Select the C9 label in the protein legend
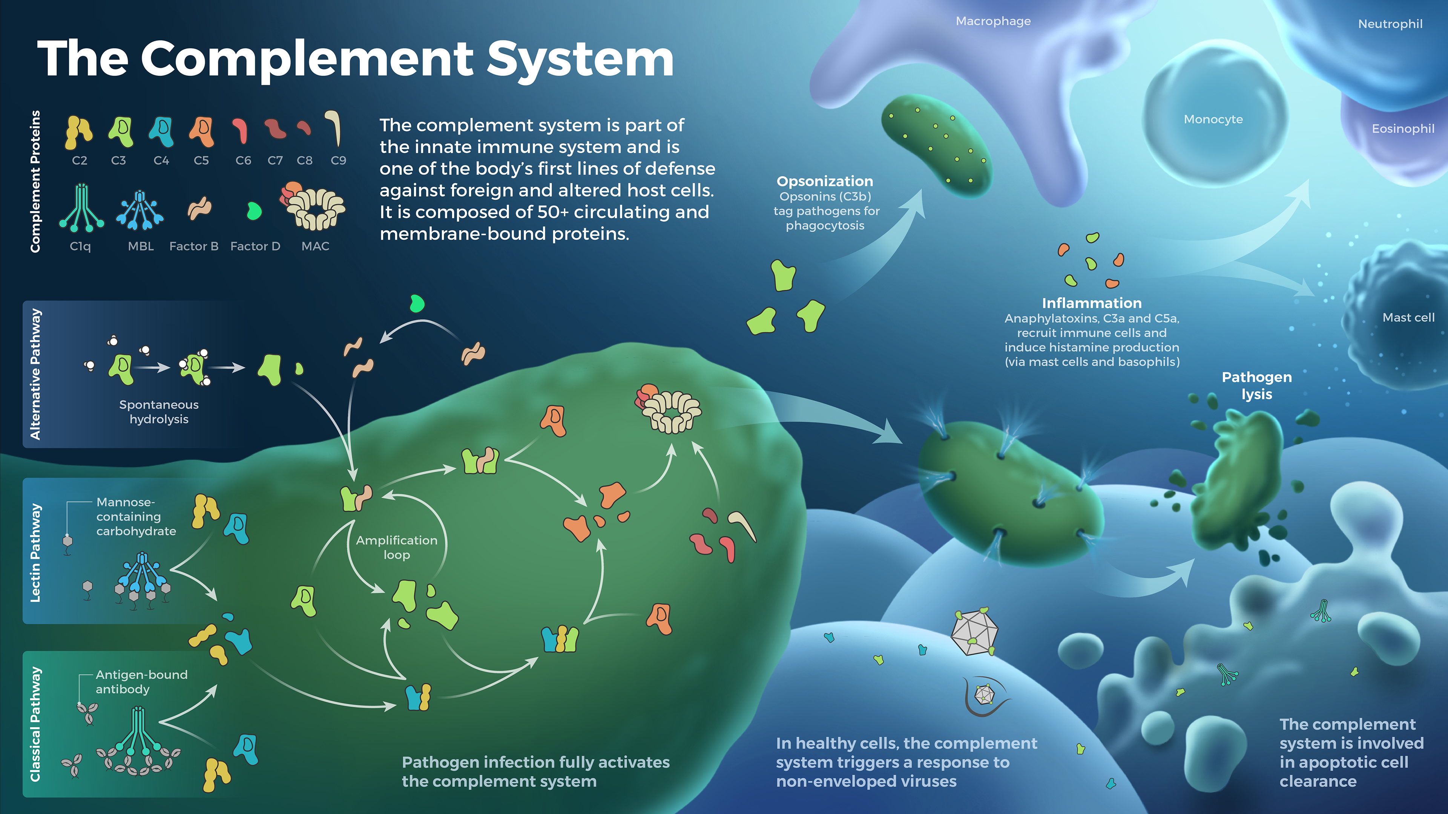pos(338,161)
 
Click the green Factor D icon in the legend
pos(254,211)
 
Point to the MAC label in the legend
pos(315,246)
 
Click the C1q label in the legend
pos(80,246)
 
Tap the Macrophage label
pos(993,21)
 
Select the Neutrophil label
pos(1390,24)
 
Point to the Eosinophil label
pos(1403,129)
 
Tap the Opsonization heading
pos(825,181)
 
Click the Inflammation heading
pos(1092,303)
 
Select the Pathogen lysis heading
pos(1257,386)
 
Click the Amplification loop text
pos(396,548)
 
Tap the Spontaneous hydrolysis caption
pos(159,412)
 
